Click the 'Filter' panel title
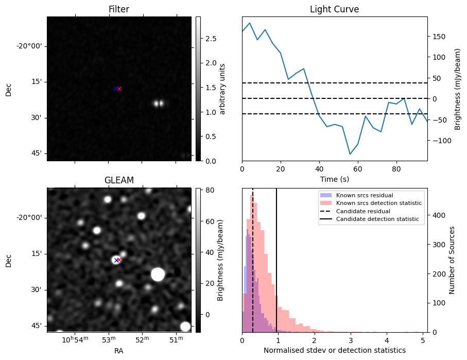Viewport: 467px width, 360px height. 118,9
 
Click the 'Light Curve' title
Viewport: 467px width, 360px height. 334,9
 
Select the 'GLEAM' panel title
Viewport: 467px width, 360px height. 118,180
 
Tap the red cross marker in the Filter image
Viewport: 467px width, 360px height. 119,89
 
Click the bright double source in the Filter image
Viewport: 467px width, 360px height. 159,104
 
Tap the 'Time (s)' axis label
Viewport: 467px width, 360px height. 334,178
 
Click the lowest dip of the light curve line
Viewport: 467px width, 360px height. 350,154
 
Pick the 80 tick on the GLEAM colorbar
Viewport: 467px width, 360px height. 205,190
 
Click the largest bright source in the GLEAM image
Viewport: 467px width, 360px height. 158,275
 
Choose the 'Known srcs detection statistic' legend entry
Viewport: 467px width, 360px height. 379,203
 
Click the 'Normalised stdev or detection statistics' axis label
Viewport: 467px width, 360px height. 334,350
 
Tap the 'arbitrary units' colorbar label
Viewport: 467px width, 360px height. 222,89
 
